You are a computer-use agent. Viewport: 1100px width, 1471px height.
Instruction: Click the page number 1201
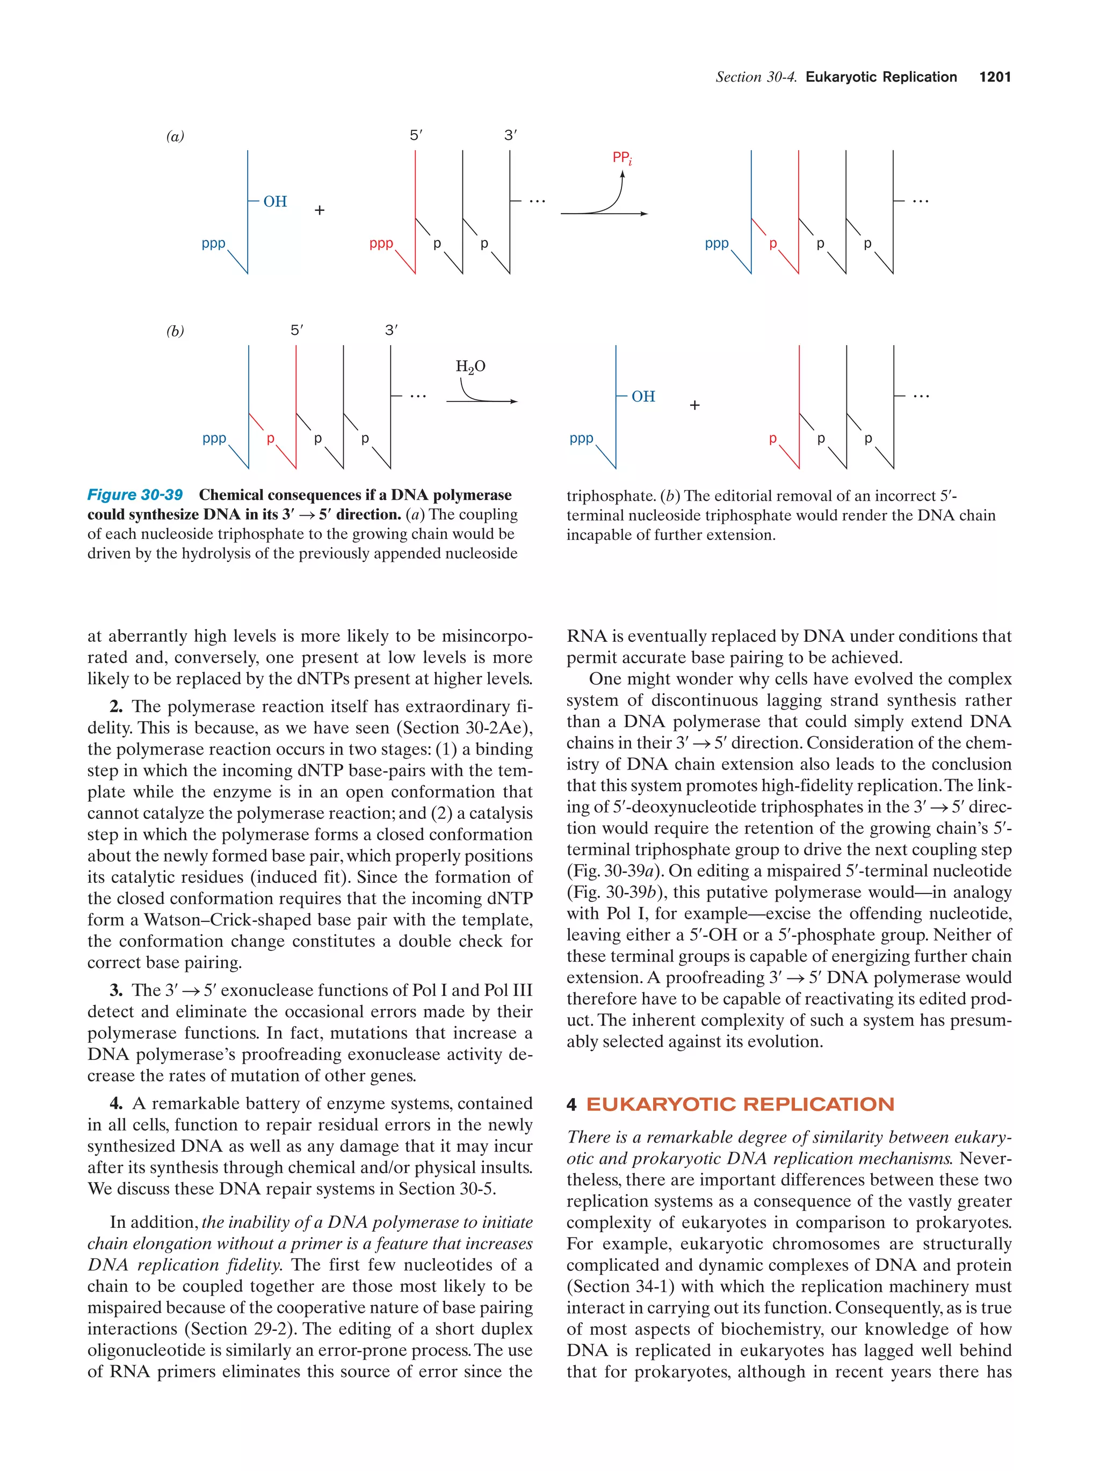click(994, 77)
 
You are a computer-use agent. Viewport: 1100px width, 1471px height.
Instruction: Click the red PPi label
click(621, 158)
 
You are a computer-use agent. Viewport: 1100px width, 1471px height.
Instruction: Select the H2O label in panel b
click(470, 367)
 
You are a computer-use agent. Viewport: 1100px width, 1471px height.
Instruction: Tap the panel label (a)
click(175, 136)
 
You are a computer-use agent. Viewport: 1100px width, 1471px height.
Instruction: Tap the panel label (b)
click(175, 331)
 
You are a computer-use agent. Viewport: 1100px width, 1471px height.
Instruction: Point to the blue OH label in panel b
click(643, 397)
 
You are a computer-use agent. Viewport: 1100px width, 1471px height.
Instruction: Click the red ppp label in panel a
click(381, 244)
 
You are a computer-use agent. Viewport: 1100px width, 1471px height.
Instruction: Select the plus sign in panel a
click(320, 210)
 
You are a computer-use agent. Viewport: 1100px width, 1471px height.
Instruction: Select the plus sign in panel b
click(694, 405)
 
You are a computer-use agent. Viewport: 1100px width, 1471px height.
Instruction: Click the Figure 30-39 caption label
click(135, 495)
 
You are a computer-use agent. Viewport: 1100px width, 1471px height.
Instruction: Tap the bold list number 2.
click(116, 706)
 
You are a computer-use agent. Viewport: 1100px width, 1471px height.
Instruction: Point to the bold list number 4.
click(116, 1103)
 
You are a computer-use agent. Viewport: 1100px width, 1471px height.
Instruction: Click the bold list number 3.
click(116, 990)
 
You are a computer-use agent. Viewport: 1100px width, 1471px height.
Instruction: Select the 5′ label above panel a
click(416, 136)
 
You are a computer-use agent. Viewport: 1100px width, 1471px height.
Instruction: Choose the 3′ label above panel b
click(392, 331)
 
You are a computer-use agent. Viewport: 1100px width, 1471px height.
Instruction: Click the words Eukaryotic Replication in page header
click(880, 77)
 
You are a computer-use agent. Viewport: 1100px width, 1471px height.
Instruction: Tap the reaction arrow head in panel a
click(643, 214)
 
